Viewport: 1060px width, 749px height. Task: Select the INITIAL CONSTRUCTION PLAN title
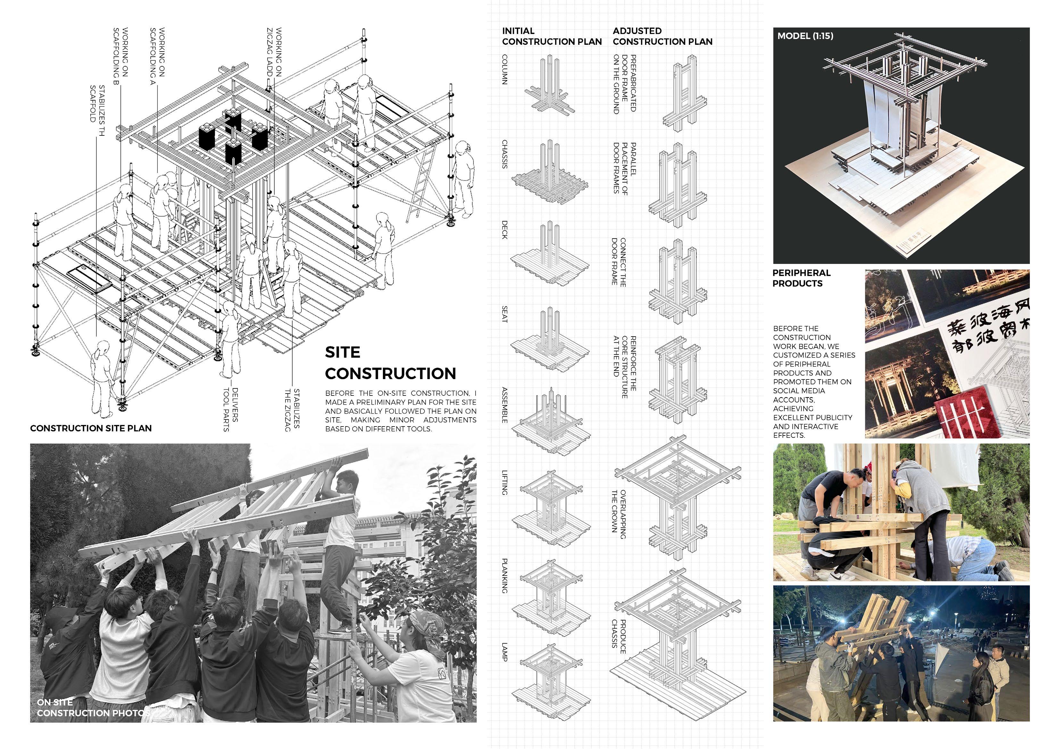point(552,37)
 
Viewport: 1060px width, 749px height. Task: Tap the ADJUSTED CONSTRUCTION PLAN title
point(663,37)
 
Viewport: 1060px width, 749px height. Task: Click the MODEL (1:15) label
point(805,36)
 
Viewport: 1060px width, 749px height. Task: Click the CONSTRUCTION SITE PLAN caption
point(91,428)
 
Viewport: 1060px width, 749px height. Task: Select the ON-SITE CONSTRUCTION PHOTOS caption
point(92,707)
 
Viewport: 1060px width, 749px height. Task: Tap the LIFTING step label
point(505,483)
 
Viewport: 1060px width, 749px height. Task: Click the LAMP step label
point(505,652)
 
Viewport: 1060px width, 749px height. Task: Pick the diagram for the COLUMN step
point(550,88)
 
